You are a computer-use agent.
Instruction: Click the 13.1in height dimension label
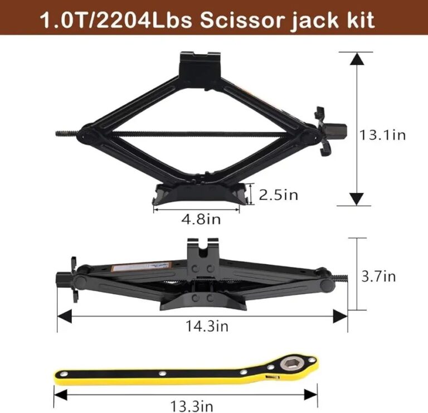tap(382, 135)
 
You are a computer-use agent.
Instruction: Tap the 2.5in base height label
tap(279, 195)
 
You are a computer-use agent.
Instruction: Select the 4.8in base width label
tap(201, 219)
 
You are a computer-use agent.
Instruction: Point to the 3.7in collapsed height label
tap(378, 276)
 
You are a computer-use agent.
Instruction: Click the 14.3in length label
tap(207, 326)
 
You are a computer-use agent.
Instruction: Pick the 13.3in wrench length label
tap(192, 406)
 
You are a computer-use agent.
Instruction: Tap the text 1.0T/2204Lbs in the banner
tap(116, 20)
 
